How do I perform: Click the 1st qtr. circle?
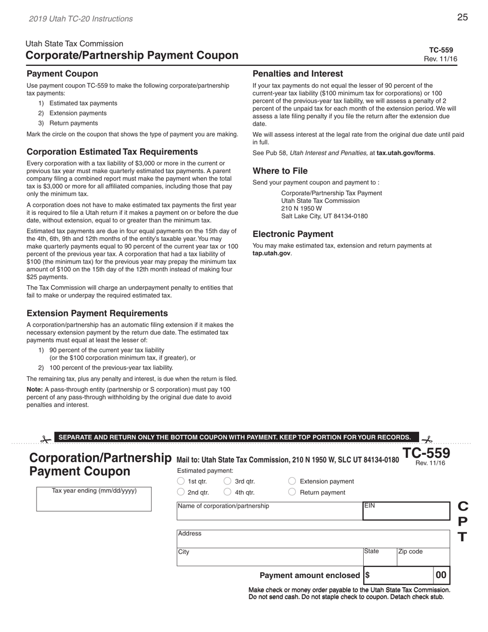pyautogui.click(x=180, y=481)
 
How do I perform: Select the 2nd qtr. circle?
pyautogui.click(x=180, y=492)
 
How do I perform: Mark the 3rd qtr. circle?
pyautogui.click(x=228, y=481)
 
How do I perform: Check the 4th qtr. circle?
pyautogui.click(x=228, y=492)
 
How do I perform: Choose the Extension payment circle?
pyautogui.click(x=292, y=481)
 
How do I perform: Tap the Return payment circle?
pyautogui.click(x=292, y=492)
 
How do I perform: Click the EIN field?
pyautogui.click(x=406, y=513)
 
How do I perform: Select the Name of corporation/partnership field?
pyautogui.click(x=269, y=514)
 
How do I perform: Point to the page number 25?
pyautogui.click(x=462, y=17)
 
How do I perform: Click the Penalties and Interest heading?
pyautogui.click(x=297, y=74)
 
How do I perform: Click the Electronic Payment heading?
pyautogui.click(x=293, y=234)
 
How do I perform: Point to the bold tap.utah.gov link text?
pyautogui.click(x=271, y=253)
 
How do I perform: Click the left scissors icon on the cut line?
pyautogui.click(x=46, y=439)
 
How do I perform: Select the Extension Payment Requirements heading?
pyautogui.click(x=97, y=313)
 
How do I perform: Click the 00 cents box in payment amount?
pyautogui.click(x=441, y=575)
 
